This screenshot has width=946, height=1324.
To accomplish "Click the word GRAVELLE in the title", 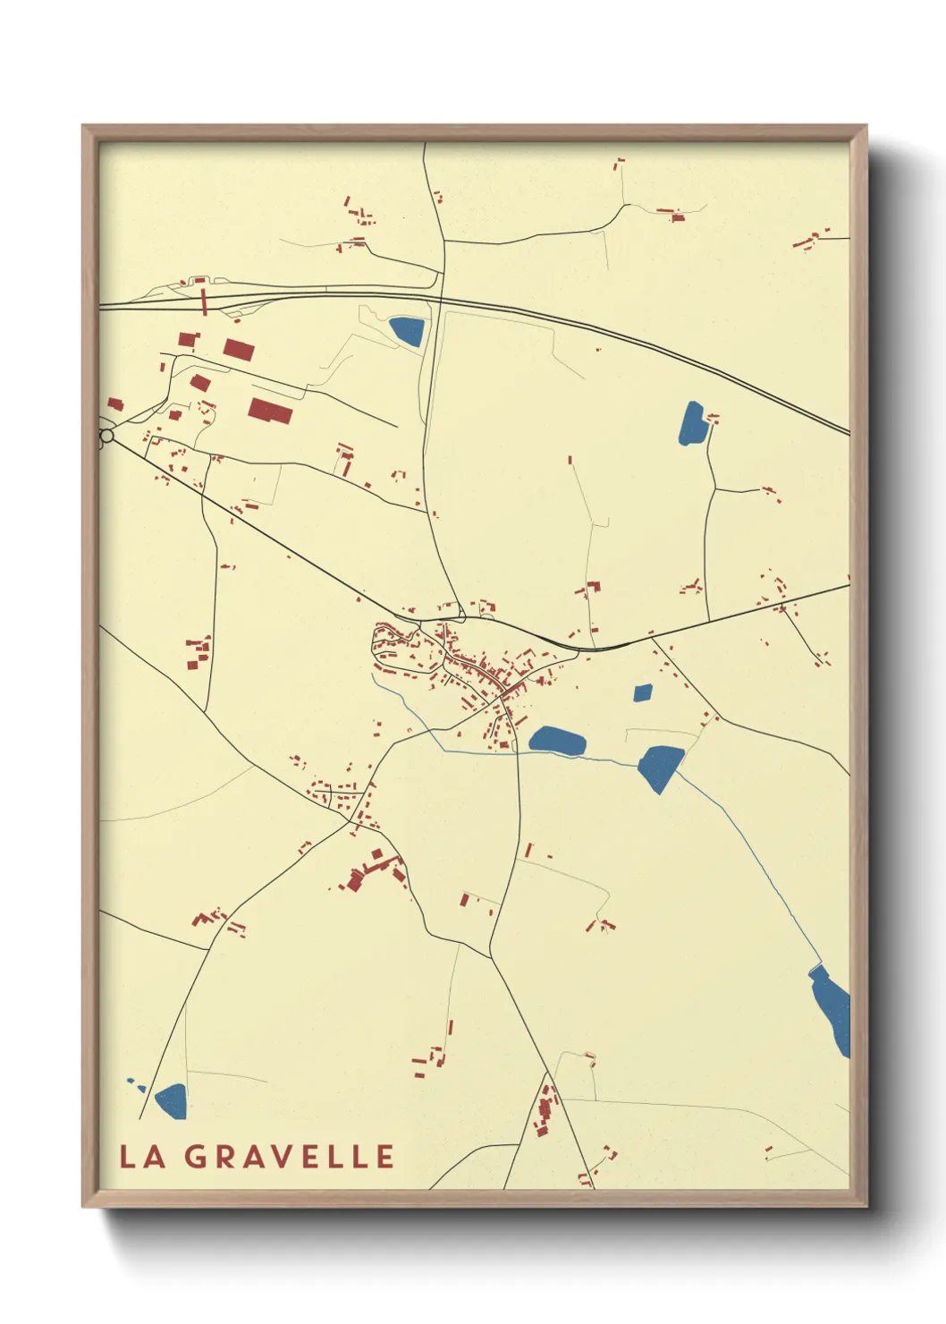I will (290, 1157).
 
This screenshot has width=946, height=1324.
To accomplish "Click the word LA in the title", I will (143, 1157).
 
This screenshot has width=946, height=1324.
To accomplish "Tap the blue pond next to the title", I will (172, 1101).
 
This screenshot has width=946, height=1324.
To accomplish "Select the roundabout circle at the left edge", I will (106, 436).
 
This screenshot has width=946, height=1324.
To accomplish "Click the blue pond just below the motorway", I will (407, 331).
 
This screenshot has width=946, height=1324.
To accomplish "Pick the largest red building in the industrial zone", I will (271, 411).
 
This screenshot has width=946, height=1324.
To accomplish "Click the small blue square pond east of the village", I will (643, 692).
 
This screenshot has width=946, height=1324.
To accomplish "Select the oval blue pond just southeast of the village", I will (557, 741).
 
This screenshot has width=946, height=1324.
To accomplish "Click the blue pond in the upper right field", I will (693, 424).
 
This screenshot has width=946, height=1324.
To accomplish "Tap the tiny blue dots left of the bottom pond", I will (135, 1083).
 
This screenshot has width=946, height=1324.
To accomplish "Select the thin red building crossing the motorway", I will (204, 297).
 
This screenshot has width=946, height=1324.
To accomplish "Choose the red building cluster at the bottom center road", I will (545, 1109).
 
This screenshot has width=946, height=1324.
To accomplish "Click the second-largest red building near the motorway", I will (238, 349).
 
